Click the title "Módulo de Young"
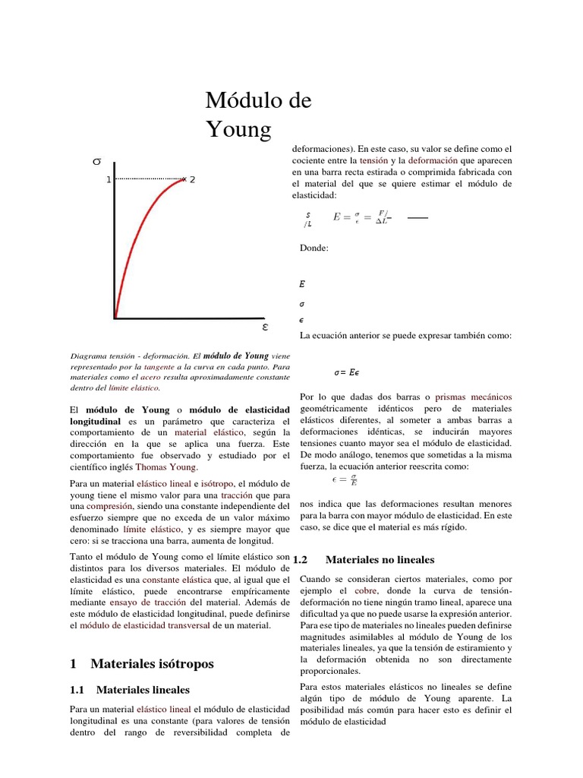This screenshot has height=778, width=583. pos(258,115)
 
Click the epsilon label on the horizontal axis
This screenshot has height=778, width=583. pos(264,327)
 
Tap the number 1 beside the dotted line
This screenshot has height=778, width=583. pos(109,179)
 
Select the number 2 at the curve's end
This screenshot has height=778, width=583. pos(192,180)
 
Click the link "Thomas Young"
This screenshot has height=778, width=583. pos(165,467)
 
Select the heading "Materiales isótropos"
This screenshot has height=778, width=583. pos(152,663)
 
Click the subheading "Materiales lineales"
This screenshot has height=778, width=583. pos(143,690)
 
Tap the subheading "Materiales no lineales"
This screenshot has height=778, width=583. pos(380,560)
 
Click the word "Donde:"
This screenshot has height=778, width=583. pos(314,248)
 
